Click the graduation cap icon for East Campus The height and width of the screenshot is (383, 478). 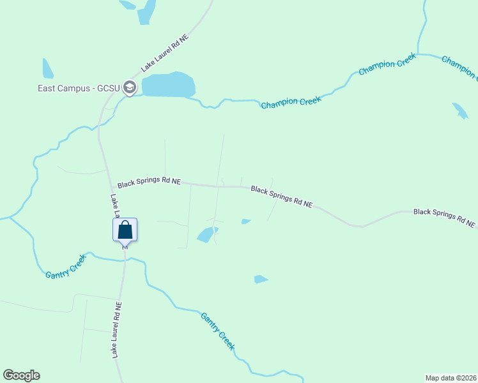click(130, 87)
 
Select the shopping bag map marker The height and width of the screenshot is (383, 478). click(125, 230)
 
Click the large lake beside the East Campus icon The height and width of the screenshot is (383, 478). click(168, 85)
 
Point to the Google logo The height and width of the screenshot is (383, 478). click(21, 375)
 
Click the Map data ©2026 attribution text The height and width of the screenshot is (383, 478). click(451, 377)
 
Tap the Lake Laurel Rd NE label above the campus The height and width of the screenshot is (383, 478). click(166, 53)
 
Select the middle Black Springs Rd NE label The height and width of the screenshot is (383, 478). click(282, 197)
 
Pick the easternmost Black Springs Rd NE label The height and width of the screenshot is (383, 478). click(443, 218)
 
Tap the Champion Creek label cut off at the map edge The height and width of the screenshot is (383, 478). click(459, 68)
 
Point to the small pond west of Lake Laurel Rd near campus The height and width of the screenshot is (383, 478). click(47, 69)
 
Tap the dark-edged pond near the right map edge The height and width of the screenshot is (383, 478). click(460, 110)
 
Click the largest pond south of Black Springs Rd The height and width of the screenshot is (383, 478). click(206, 234)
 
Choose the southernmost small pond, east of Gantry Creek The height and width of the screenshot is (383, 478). click(260, 279)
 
